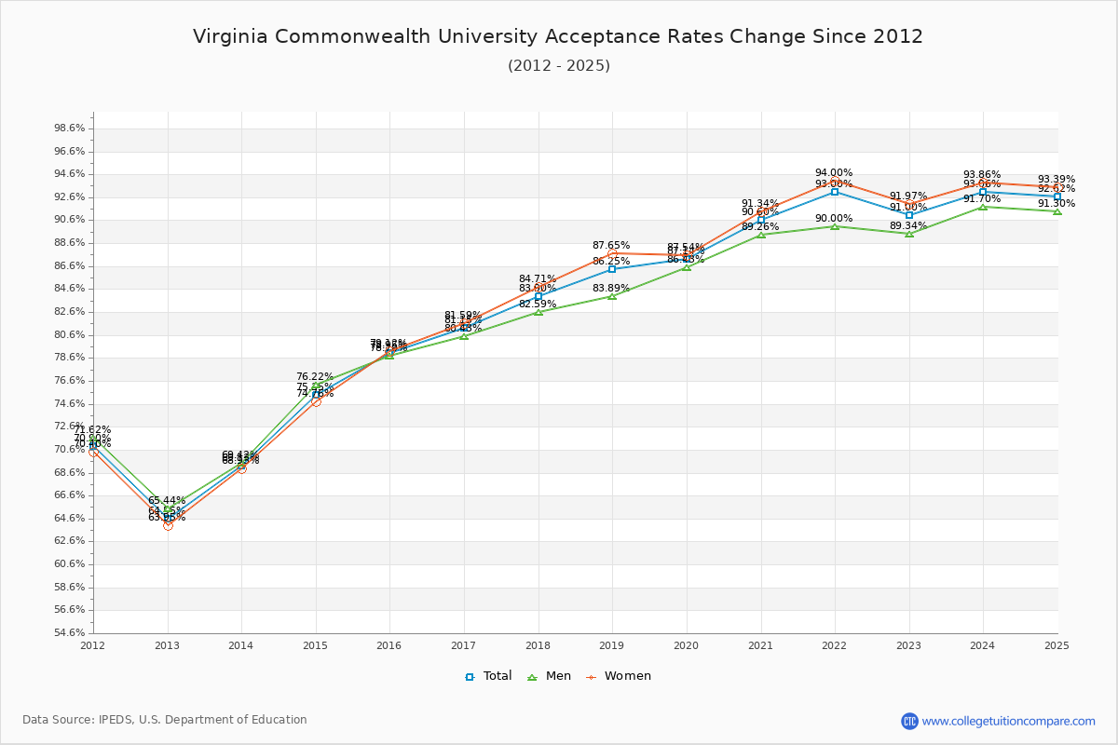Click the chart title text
(558, 36)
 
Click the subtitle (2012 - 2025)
(558, 65)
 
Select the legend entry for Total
(488, 676)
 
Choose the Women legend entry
(619, 676)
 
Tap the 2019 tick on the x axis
(612, 644)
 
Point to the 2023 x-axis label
(908, 644)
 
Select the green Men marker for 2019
(612, 296)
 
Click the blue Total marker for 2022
(835, 192)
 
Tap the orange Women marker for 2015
(316, 401)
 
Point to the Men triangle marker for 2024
(983, 207)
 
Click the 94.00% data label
(833, 172)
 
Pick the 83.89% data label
(611, 288)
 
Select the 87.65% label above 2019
(611, 245)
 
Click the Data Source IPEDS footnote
(164, 720)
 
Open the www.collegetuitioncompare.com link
(1008, 721)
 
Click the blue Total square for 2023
(909, 215)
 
